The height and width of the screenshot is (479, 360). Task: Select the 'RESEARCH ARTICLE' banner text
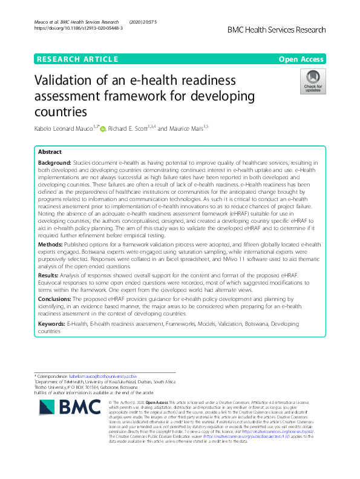click(x=77, y=59)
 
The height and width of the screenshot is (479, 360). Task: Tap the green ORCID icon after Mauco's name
click(x=102, y=128)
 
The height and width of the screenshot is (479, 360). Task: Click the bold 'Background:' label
click(x=54, y=164)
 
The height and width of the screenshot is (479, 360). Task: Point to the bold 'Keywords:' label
click(x=53, y=325)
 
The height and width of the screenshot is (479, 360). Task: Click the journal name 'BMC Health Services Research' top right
click(x=277, y=30)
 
